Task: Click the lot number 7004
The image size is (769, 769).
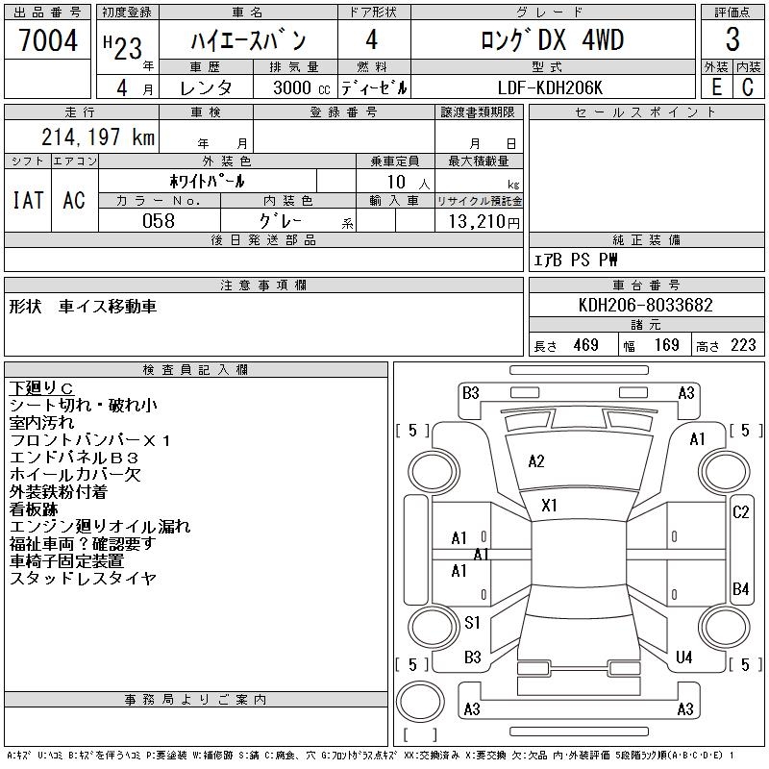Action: (x=48, y=40)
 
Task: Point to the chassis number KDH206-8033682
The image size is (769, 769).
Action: (x=647, y=306)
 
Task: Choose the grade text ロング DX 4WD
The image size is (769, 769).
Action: (x=552, y=40)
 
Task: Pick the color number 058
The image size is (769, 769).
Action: (x=158, y=221)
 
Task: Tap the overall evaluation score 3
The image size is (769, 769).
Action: (x=732, y=40)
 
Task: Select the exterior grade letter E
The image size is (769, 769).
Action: (x=716, y=87)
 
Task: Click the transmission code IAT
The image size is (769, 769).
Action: (x=28, y=200)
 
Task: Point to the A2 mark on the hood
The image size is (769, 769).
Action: (x=536, y=461)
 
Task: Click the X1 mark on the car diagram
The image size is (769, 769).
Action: (x=550, y=505)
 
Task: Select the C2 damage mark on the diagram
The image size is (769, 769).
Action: (x=740, y=512)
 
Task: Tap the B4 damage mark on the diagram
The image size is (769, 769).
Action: (x=740, y=588)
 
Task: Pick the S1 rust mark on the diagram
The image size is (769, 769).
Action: (x=472, y=623)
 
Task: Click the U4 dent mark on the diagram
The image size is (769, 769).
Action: (x=684, y=657)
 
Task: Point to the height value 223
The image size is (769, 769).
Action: (x=743, y=345)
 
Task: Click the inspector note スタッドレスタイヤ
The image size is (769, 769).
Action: (x=83, y=579)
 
